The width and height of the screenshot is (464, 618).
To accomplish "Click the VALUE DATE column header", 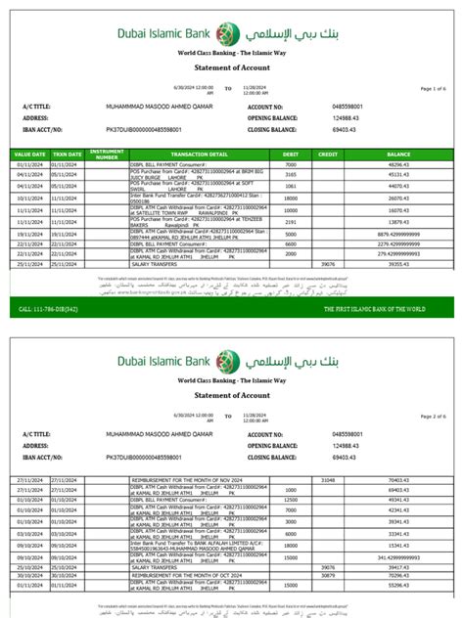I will click(x=28, y=154).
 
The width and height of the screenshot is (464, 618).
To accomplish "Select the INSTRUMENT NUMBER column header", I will click(x=107, y=154).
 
